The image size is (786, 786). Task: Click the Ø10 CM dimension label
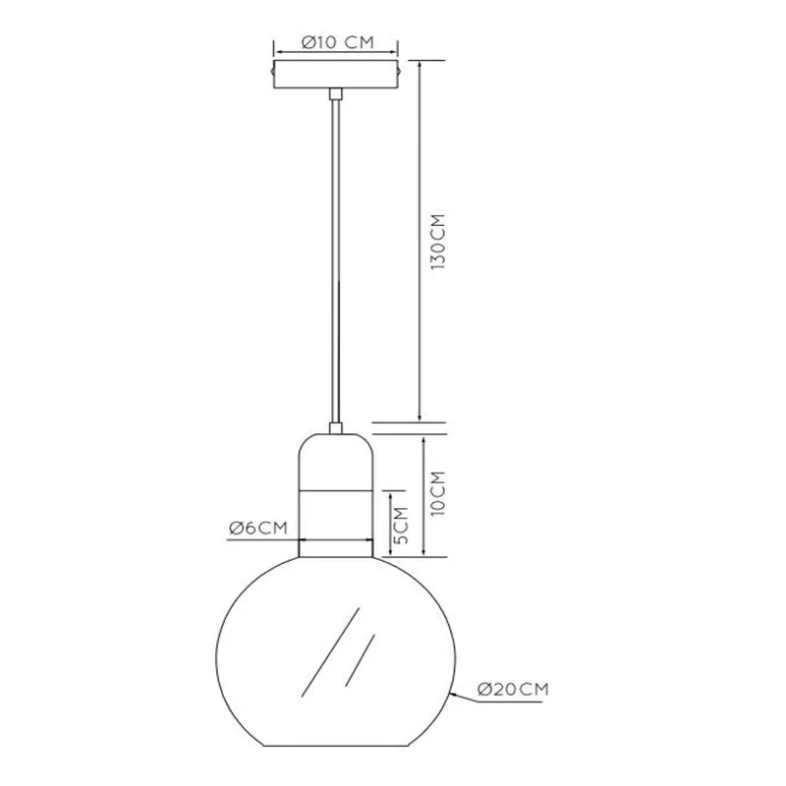(338, 42)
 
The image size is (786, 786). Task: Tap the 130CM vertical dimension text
(438, 242)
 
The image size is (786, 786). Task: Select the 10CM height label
(438, 493)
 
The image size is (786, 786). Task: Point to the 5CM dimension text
(401, 526)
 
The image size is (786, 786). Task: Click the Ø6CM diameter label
(258, 528)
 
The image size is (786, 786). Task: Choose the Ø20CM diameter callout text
(513, 689)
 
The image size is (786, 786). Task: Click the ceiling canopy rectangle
(335, 75)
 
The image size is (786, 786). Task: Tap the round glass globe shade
(335, 650)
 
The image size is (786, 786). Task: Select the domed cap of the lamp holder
(335, 461)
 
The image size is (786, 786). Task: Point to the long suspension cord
(335, 260)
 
